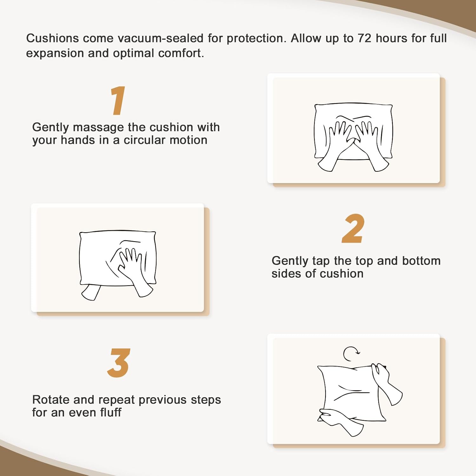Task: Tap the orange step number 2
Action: pyautogui.click(x=353, y=228)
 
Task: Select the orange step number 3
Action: pyautogui.click(x=119, y=363)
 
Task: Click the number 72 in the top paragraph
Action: pyautogui.click(x=364, y=38)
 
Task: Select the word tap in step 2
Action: pyautogui.click(x=321, y=261)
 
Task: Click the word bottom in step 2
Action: pyautogui.click(x=421, y=261)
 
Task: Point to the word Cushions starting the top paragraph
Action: pyautogui.click(x=52, y=38)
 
